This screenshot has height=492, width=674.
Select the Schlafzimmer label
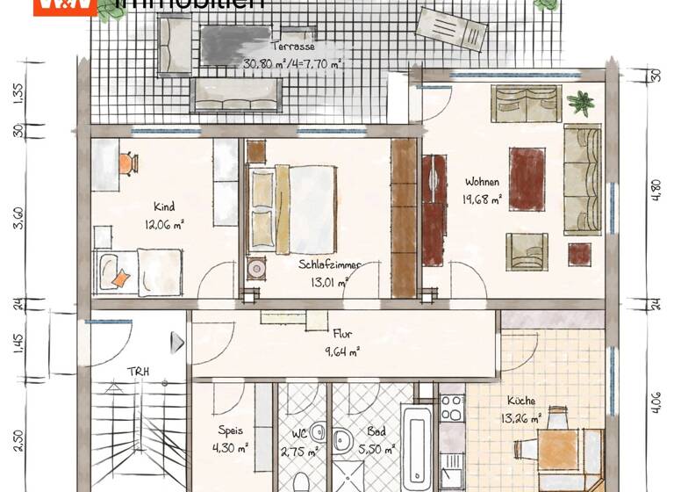(329, 264)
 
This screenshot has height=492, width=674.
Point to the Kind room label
(164, 207)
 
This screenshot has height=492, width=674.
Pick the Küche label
(520, 399)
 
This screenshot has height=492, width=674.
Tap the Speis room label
(231, 430)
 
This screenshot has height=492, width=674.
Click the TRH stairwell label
(137, 371)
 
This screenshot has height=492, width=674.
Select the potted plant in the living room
(580, 103)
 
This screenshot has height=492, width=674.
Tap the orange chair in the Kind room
(128, 163)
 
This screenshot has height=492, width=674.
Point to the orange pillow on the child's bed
(120, 279)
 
